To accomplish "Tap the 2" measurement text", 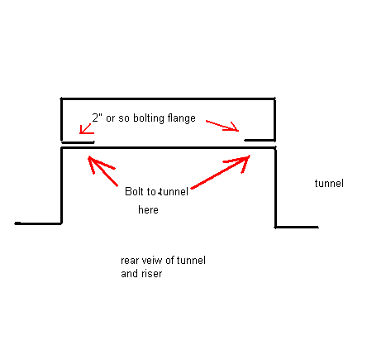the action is click(97, 118).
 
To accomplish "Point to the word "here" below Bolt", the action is click(148, 209).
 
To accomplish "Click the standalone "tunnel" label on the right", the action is click(329, 183).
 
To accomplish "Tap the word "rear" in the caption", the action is click(130, 261).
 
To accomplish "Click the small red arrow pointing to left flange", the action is click(86, 129).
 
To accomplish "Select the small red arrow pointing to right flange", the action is click(222, 126).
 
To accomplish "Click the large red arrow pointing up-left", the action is click(102, 170).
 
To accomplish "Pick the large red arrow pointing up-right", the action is click(221, 172).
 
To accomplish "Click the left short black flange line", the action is click(78, 142).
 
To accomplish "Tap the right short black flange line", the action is click(260, 140).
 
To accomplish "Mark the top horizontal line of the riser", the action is click(168, 98).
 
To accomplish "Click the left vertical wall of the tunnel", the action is click(61, 185).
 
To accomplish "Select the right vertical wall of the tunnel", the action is click(275, 187).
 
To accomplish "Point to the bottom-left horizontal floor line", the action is click(38, 223).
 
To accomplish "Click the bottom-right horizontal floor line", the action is click(297, 227).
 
